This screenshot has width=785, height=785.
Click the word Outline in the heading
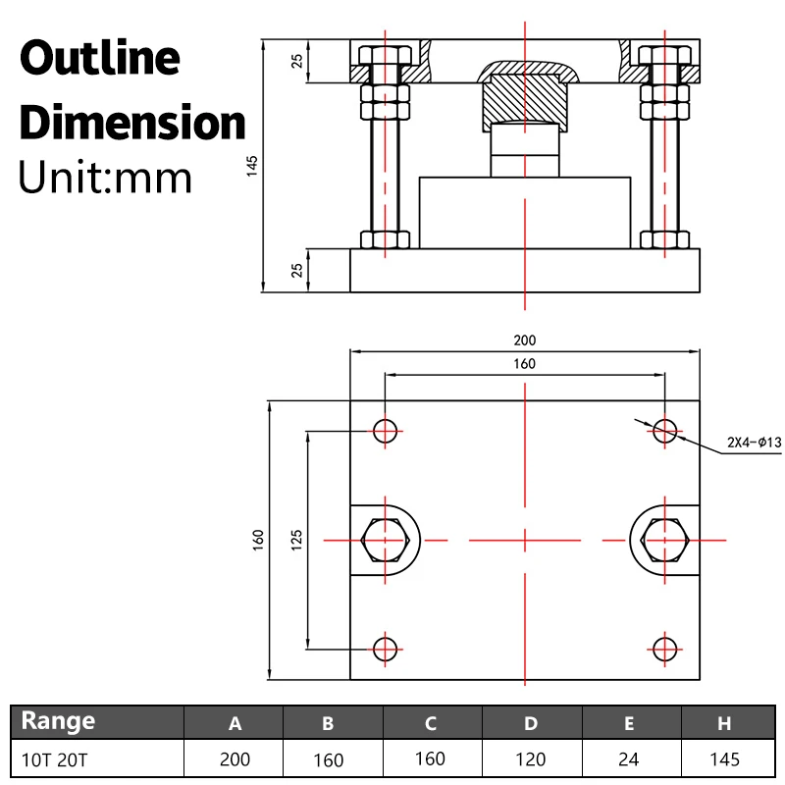tap(100, 59)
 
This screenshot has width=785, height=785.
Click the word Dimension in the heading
tap(132, 124)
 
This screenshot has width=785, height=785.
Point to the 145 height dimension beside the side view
tap(252, 166)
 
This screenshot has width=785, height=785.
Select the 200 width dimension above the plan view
tap(525, 340)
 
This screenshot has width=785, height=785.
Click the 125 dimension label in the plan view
tap(297, 539)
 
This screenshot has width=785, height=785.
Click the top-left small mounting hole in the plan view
tap(385, 430)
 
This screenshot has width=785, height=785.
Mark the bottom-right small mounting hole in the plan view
tap(665, 648)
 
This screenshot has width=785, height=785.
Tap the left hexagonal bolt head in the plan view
tap(385, 539)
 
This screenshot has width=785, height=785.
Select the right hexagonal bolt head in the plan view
tap(665, 539)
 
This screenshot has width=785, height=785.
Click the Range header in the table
tap(59, 722)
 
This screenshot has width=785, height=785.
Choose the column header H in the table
tap(724, 724)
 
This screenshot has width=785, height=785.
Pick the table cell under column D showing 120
tap(530, 759)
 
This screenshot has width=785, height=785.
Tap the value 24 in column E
tap(629, 759)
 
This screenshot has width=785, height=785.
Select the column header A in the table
tap(235, 724)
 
